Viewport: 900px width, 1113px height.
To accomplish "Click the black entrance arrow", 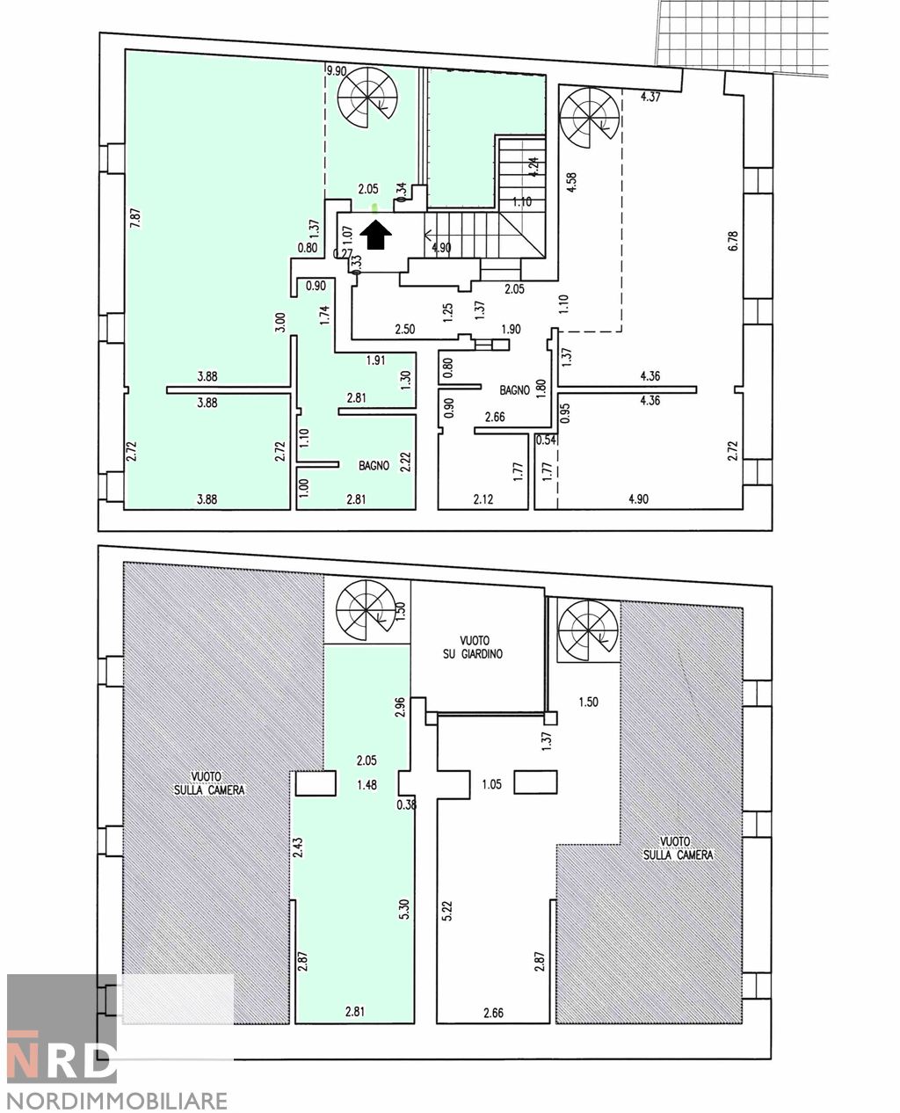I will click(x=377, y=235).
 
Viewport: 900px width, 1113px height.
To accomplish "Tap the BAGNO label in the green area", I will click(x=374, y=466).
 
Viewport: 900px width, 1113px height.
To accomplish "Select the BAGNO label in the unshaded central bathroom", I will click(x=514, y=389).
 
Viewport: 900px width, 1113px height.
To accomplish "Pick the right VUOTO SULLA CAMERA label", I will click(x=678, y=847).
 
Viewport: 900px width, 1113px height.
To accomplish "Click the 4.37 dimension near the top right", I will click(x=650, y=98).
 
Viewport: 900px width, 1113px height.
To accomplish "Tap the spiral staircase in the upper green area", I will click(x=367, y=99).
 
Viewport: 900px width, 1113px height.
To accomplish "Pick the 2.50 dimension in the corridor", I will click(x=404, y=329).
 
